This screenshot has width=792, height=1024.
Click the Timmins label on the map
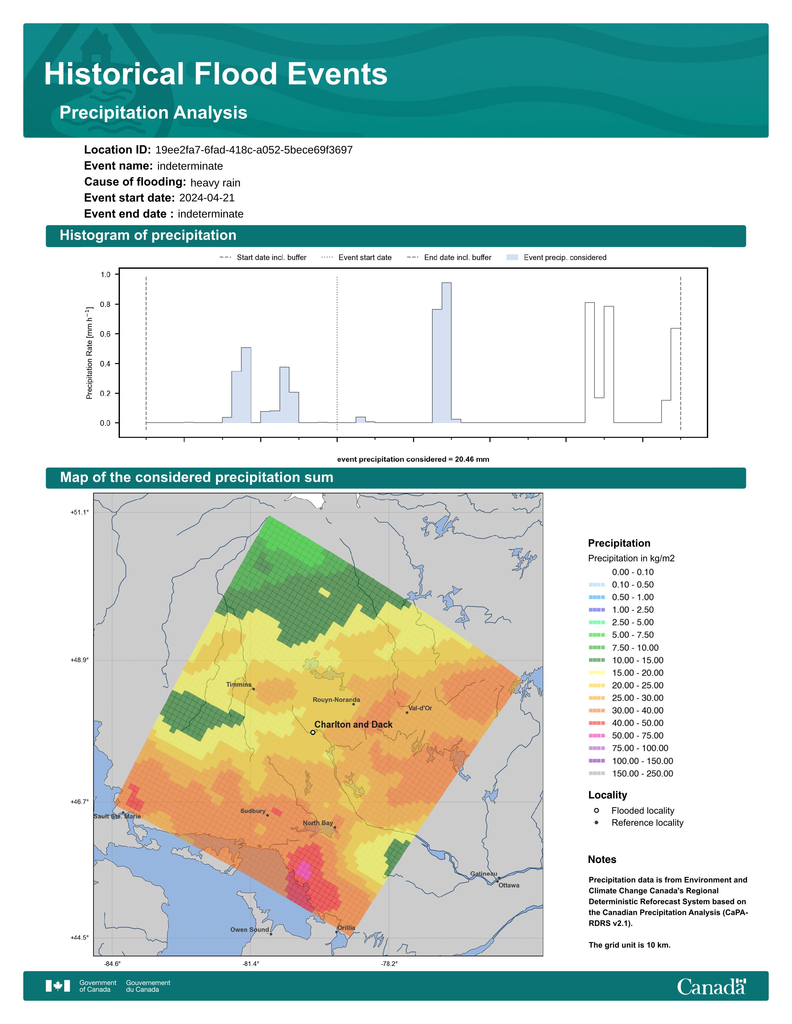coord(239,685)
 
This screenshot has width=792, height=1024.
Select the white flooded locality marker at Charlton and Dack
coord(313,732)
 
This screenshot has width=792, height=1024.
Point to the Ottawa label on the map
coord(509,885)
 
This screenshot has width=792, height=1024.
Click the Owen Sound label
coord(250,930)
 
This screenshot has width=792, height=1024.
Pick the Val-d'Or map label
coord(420,708)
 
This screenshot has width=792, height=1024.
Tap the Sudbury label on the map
coord(253,811)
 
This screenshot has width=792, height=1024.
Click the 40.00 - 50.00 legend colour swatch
coord(597,723)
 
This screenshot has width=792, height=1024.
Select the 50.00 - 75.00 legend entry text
coord(637,736)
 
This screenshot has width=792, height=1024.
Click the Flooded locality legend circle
coord(596,810)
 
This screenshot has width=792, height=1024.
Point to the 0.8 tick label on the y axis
coord(105,304)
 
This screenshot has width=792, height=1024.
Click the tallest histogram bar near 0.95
coord(447,353)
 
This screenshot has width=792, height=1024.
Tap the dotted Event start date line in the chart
coord(337,353)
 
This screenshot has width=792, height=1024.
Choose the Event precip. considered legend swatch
coord(512,258)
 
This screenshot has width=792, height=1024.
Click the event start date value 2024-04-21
coord(207,198)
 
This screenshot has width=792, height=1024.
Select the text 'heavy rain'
coord(215,183)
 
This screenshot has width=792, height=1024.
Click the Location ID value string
coord(254,150)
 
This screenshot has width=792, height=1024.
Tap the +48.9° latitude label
coord(79,660)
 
